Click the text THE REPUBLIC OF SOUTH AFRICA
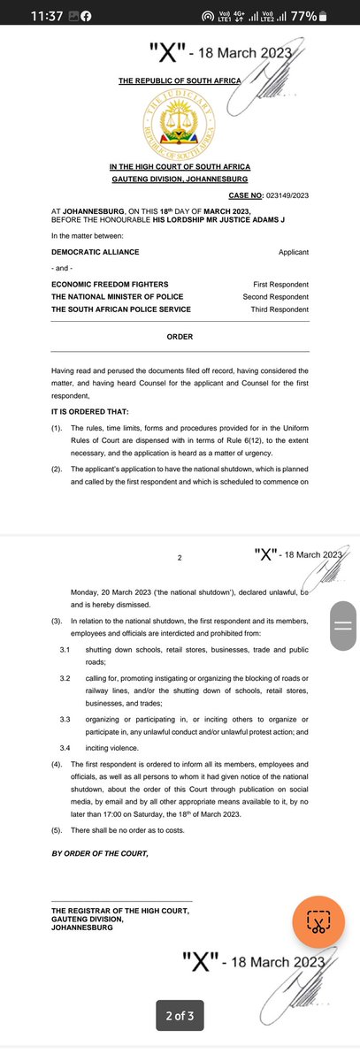coord(180,81)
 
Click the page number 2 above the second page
coord(179,558)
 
